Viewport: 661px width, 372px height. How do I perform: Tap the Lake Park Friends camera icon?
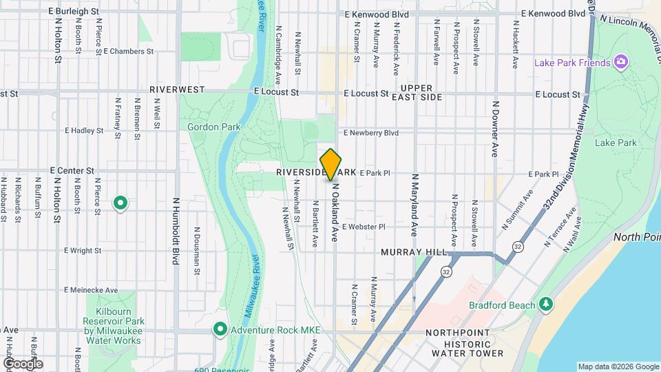(621, 63)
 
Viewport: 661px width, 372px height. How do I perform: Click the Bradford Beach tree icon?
(546, 304)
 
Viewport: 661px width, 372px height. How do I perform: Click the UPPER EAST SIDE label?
(421, 93)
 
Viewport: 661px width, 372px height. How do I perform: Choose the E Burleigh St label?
(74, 12)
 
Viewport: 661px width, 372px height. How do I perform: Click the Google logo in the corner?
(23, 363)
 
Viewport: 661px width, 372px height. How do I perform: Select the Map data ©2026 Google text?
(617, 366)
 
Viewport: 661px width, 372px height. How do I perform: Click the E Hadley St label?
(83, 130)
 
